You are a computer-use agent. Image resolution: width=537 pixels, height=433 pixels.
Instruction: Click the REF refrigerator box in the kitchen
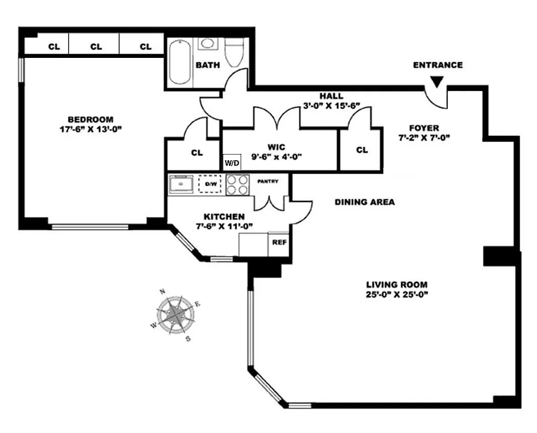279,242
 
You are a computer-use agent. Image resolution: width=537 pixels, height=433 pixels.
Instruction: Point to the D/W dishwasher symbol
210,184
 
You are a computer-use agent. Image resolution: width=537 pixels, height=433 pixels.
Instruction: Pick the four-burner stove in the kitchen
237,184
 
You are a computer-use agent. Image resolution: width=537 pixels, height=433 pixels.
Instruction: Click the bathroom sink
206,44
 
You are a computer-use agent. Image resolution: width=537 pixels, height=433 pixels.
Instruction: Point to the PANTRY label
268,181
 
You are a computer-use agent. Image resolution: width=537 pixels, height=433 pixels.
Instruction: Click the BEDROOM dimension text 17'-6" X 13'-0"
90,129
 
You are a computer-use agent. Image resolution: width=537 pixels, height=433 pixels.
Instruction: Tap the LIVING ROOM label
397,284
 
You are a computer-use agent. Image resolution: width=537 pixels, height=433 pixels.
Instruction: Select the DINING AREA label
364,202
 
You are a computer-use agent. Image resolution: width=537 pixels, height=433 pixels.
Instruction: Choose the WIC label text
276,146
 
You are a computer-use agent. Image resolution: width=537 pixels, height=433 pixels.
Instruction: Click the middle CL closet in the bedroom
96,47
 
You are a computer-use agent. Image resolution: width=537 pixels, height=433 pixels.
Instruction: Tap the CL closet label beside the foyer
362,150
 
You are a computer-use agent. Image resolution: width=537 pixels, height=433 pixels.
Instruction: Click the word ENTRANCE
437,65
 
